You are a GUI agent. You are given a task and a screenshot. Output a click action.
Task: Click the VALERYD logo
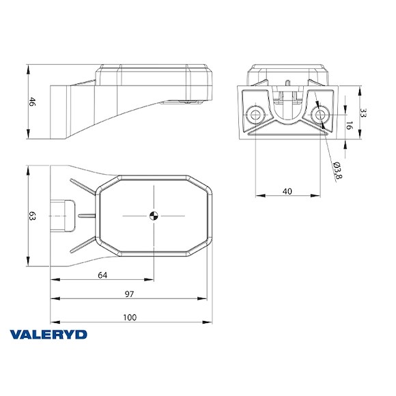[x=48, y=335]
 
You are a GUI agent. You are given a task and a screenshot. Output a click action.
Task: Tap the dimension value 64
[x=103, y=275]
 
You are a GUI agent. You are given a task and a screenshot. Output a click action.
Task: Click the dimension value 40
[x=287, y=191]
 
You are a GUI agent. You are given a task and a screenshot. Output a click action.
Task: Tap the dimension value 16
[x=350, y=126]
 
